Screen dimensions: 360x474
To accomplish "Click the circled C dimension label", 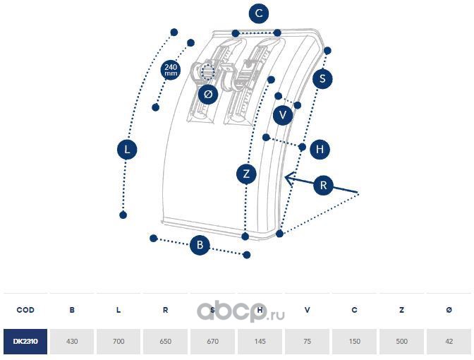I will (260, 13).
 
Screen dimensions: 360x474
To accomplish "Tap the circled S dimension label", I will (322, 78).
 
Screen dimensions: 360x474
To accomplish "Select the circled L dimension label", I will (127, 150).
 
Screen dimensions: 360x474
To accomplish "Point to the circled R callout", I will (323, 186).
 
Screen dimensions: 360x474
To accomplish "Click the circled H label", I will (320, 150).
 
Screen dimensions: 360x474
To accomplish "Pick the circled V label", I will (284, 114).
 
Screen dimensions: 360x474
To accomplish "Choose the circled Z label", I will (245, 174).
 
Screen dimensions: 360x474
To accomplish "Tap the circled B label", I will (200, 245).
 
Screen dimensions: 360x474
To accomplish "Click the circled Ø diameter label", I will (207, 94).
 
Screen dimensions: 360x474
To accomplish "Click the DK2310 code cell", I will (25, 341).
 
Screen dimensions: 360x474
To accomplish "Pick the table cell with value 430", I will (72, 341).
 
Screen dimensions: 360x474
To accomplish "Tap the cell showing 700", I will (119, 341).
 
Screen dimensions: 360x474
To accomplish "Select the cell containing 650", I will (166, 341).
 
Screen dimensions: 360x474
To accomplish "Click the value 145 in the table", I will (260, 341).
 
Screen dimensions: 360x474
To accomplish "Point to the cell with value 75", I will (308, 341).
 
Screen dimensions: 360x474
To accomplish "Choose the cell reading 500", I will (401, 341).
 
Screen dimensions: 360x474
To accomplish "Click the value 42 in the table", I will (449, 341).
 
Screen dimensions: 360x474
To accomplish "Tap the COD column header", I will (25, 310).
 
